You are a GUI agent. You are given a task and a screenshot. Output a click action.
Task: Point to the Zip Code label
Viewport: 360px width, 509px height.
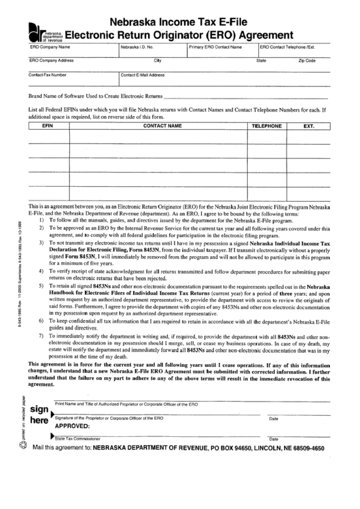[x=307, y=61]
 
